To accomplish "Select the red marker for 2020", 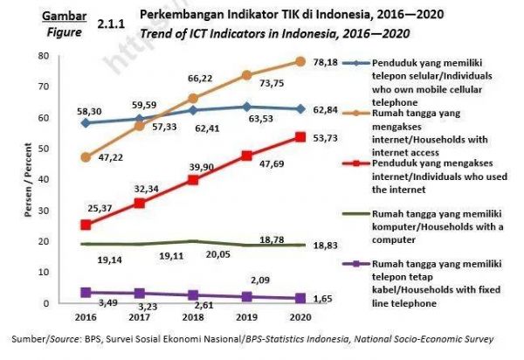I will point(300,137).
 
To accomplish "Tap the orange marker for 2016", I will point(85,157).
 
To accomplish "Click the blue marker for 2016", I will point(85,123).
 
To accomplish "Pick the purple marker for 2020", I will point(300,298).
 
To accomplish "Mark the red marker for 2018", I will point(193,180).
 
